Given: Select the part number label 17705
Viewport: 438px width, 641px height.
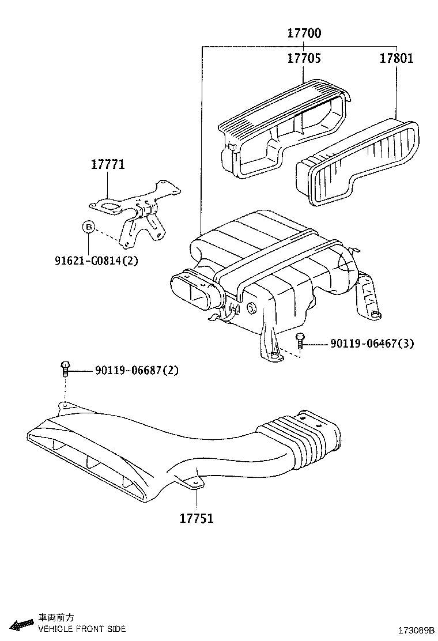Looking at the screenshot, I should point(304,59).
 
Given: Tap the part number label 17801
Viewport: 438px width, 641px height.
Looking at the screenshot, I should point(396,59).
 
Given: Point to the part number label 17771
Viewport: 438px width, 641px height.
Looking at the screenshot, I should point(107,165).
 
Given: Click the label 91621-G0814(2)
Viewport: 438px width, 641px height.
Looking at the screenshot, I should point(96,261).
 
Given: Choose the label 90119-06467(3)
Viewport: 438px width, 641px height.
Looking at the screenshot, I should point(372,344).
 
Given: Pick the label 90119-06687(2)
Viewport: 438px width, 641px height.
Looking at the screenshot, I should point(137,370).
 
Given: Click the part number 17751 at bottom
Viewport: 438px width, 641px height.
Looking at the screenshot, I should point(196,518).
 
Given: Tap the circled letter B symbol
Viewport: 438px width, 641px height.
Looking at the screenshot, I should point(88,227).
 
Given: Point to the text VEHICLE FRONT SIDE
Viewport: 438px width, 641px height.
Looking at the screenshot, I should point(81,629).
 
